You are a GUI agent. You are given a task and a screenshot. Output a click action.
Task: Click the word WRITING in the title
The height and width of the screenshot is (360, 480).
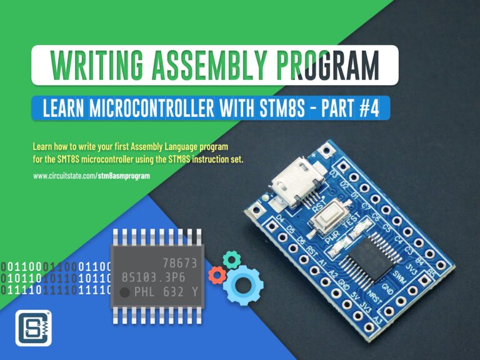(89, 65)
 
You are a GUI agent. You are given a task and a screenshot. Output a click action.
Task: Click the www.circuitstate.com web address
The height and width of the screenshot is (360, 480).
(91, 177)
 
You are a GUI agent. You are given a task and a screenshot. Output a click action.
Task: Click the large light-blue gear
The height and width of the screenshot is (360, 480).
(243, 284)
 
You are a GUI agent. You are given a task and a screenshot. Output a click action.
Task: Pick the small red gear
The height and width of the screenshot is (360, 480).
(217, 274)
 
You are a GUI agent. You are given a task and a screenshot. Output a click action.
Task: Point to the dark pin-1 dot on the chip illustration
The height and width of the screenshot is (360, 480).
(125, 292)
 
